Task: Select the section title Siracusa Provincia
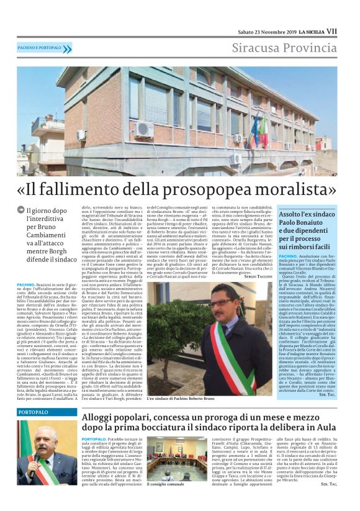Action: (284, 48)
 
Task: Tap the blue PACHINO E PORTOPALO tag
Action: (39, 48)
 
